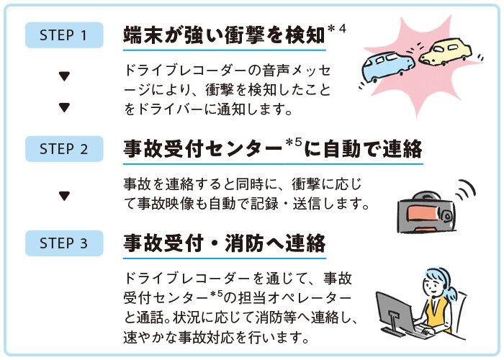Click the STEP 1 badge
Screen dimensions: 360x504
tap(64, 35)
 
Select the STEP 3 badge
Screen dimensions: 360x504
tap(64, 243)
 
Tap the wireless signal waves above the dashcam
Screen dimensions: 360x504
tap(465, 189)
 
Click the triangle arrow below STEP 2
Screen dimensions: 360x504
tap(64, 195)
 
